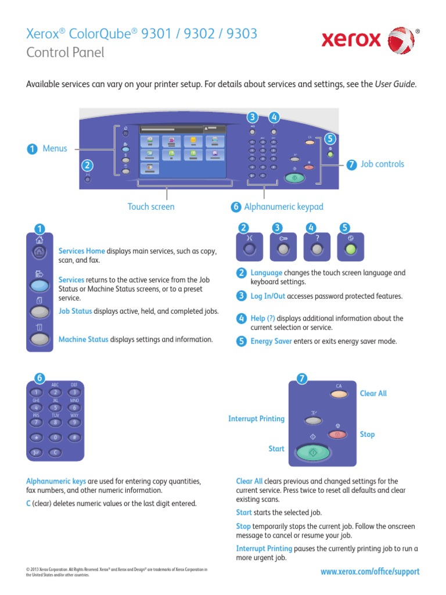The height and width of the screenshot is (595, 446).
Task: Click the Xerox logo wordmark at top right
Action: pyautogui.click(x=351, y=41)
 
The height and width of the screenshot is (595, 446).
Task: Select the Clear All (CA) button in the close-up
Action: pyautogui.click(x=339, y=395)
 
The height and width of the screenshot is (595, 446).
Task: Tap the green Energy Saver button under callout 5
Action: pyautogui.click(x=350, y=249)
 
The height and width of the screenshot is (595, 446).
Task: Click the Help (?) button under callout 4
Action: pyautogui.click(x=316, y=249)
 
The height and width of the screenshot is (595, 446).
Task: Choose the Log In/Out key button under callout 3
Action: pyautogui.click(x=282, y=249)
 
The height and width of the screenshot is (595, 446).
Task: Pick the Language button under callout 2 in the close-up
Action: pyautogui.click(x=249, y=249)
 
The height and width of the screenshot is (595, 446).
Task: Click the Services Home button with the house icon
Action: pyautogui.click(x=39, y=252)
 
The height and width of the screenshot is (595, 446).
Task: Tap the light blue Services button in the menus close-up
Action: pyautogui.click(x=39, y=286)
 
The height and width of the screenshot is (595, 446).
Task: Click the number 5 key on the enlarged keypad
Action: pyautogui.click(x=55, y=407)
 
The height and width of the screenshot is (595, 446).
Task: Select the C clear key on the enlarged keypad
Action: pyautogui.click(x=55, y=452)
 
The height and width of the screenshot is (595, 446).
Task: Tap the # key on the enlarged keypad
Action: pyautogui.click(x=74, y=437)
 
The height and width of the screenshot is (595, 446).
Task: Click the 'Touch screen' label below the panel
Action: pyautogui.click(x=150, y=207)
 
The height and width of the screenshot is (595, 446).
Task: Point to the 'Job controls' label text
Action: pyautogui.click(x=382, y=164)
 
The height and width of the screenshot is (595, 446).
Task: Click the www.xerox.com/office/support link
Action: pyautogui.click(x=369, y=572)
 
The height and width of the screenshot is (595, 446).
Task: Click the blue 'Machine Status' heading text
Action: pyautogui.click(x=83, y=339)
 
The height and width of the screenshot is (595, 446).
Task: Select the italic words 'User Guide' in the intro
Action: pyautogui.click(x=395, y=84)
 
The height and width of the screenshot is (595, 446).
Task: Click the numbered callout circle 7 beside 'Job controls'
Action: pyautogui.click(x=351, y=164)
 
